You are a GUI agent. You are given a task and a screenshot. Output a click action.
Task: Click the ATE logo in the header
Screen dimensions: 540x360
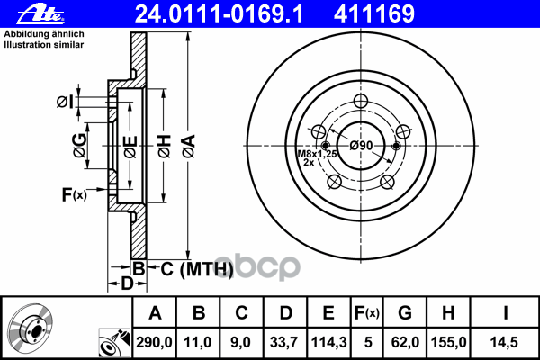point(41,14)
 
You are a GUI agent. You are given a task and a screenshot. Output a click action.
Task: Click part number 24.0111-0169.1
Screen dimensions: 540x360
point(219,14)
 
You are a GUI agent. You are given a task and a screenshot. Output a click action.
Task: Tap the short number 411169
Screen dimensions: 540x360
point(374,14)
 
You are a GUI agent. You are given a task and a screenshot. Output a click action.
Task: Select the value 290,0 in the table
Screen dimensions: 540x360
point(154,342)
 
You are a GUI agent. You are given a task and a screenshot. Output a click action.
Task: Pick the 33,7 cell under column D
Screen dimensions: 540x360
point(283,342)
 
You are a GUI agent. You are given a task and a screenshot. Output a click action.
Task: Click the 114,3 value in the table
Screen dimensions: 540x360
point(328,342)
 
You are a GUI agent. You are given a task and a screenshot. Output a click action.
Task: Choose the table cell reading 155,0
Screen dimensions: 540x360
point(448,342)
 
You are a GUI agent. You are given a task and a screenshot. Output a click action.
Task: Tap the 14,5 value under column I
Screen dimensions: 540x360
point(504,342)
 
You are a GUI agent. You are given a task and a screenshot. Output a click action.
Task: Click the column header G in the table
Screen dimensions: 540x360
point(405,313)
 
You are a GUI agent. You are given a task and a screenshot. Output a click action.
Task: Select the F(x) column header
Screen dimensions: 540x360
point(367,313)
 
